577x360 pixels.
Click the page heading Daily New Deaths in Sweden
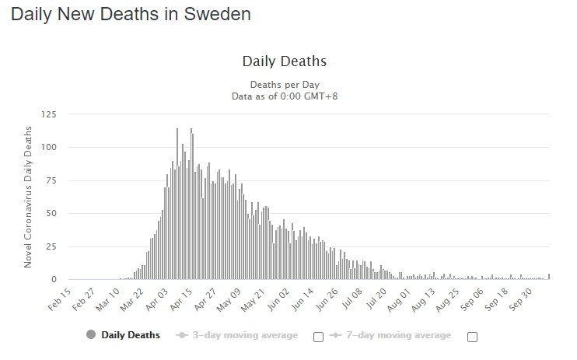[131, 14]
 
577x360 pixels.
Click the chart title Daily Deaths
[284, 61]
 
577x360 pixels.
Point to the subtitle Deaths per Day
[284, 84]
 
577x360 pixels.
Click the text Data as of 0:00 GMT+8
[284, 96]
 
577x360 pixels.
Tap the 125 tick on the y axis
[48, 114]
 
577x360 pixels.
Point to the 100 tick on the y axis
[48, 148]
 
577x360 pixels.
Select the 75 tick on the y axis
[51, 180]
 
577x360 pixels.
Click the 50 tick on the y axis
[51, 214]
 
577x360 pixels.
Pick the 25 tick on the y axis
[51, 246]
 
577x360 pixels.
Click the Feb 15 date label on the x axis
[61, 298]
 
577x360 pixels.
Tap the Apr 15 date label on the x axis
[183, 298]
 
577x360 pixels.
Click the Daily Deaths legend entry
[131, 335]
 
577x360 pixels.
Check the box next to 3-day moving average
[317, 337]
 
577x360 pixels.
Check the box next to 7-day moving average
[472, 337]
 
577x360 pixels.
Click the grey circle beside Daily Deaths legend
[91, 335]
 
